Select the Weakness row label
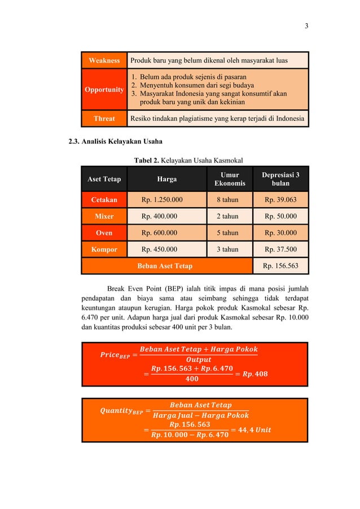[104, 60]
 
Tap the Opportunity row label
[104, 90]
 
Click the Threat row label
[104, 119]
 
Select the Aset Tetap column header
[104, 179]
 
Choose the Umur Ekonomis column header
[230, 179]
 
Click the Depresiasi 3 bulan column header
[280, 179]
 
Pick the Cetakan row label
[104, 200]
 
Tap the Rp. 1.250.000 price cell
[161, 200]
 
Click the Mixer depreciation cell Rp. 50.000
[280, 216]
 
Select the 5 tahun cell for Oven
[230, 232]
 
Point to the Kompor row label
[104, 249]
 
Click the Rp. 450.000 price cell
[161, 249]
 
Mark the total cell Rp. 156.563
[280, 266]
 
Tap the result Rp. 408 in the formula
[252, 374]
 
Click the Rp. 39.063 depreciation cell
[280, 200]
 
